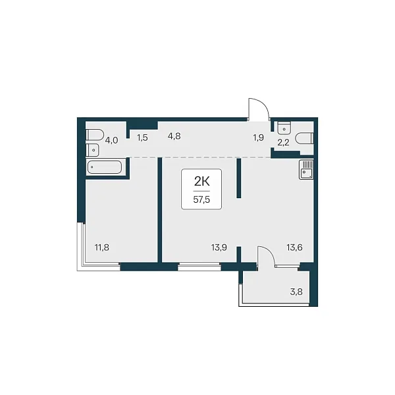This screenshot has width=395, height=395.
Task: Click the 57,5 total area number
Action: [x=201, y=199]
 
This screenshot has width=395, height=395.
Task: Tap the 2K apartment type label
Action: [x=202, y=181]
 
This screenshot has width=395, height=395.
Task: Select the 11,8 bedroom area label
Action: [x=102, y=248]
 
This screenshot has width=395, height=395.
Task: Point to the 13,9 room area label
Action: [x=219, y=248]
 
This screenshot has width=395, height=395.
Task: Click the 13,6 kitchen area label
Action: [x=294, y=248]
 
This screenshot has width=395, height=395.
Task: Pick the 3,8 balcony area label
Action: [x=296, y=292]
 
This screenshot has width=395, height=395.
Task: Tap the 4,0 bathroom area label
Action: [x=111, y=140]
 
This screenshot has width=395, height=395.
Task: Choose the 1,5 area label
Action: [x=142, y=138]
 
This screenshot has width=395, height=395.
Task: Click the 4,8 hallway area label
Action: [x=174, y=136]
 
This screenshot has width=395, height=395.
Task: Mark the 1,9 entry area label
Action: [x=259, y=138]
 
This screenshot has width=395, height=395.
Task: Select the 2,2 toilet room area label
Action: [x=283, y=143]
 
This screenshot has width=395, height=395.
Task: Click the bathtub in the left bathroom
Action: [x=104, y=167]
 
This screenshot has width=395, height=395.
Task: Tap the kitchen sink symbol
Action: [x=306, y=170]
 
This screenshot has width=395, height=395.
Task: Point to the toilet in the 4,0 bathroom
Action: [x=94, y=135]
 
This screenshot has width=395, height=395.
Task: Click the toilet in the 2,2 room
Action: [x=304, y=138]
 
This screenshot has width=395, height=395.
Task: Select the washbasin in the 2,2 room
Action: [x=284, y=128]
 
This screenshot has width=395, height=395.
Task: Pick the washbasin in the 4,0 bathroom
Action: [x=92, y=150]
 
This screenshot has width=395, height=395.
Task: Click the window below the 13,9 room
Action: [x=199, y=267]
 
